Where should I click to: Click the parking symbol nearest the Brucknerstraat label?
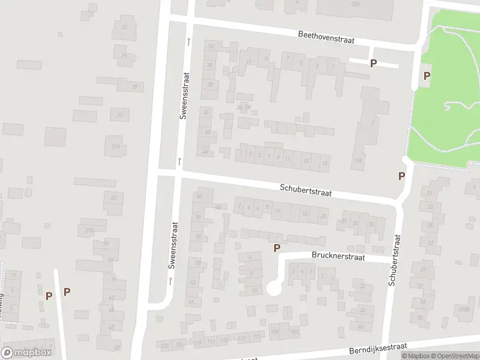pos(277,248)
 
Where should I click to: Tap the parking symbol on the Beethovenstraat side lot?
pos(373,63)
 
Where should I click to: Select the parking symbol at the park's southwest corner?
pos(401,176)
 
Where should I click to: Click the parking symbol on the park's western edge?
pos(427,76)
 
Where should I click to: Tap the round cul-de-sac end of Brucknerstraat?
pos(274,289)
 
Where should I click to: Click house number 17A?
pos(359,160)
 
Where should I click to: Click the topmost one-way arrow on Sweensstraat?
pos(188,41)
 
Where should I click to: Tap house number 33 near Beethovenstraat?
pos(125,28)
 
